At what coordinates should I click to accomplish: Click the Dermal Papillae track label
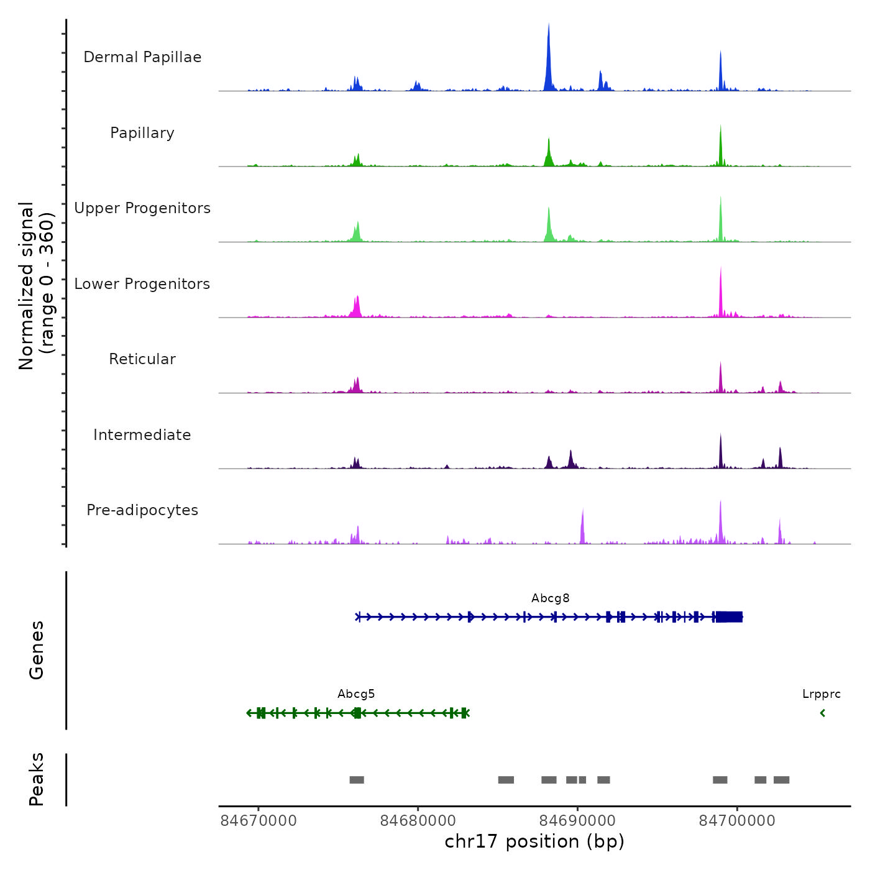(142, 57)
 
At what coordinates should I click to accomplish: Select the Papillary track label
(142, 133)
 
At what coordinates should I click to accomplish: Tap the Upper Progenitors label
(142, 208)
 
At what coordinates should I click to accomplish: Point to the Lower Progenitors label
(142, 284)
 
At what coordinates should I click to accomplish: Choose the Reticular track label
(142, 359)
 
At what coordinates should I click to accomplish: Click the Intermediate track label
(142, 435)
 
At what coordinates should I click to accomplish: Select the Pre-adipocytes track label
(142, 510)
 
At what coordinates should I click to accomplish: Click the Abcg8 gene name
(550, 598)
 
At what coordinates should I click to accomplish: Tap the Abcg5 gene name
(356, 694)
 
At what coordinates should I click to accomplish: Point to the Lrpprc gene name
(821, 694)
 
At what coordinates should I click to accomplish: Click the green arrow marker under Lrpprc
(823, 713)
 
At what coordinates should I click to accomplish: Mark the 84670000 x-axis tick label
(259, 821)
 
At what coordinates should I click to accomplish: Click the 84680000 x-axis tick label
(418, 821)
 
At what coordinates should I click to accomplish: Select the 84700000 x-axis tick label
(737, 821)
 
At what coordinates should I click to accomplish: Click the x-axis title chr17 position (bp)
(534, 841)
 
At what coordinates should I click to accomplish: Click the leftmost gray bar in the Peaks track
(357, 780)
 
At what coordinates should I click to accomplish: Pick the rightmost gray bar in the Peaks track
(781, 780)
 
